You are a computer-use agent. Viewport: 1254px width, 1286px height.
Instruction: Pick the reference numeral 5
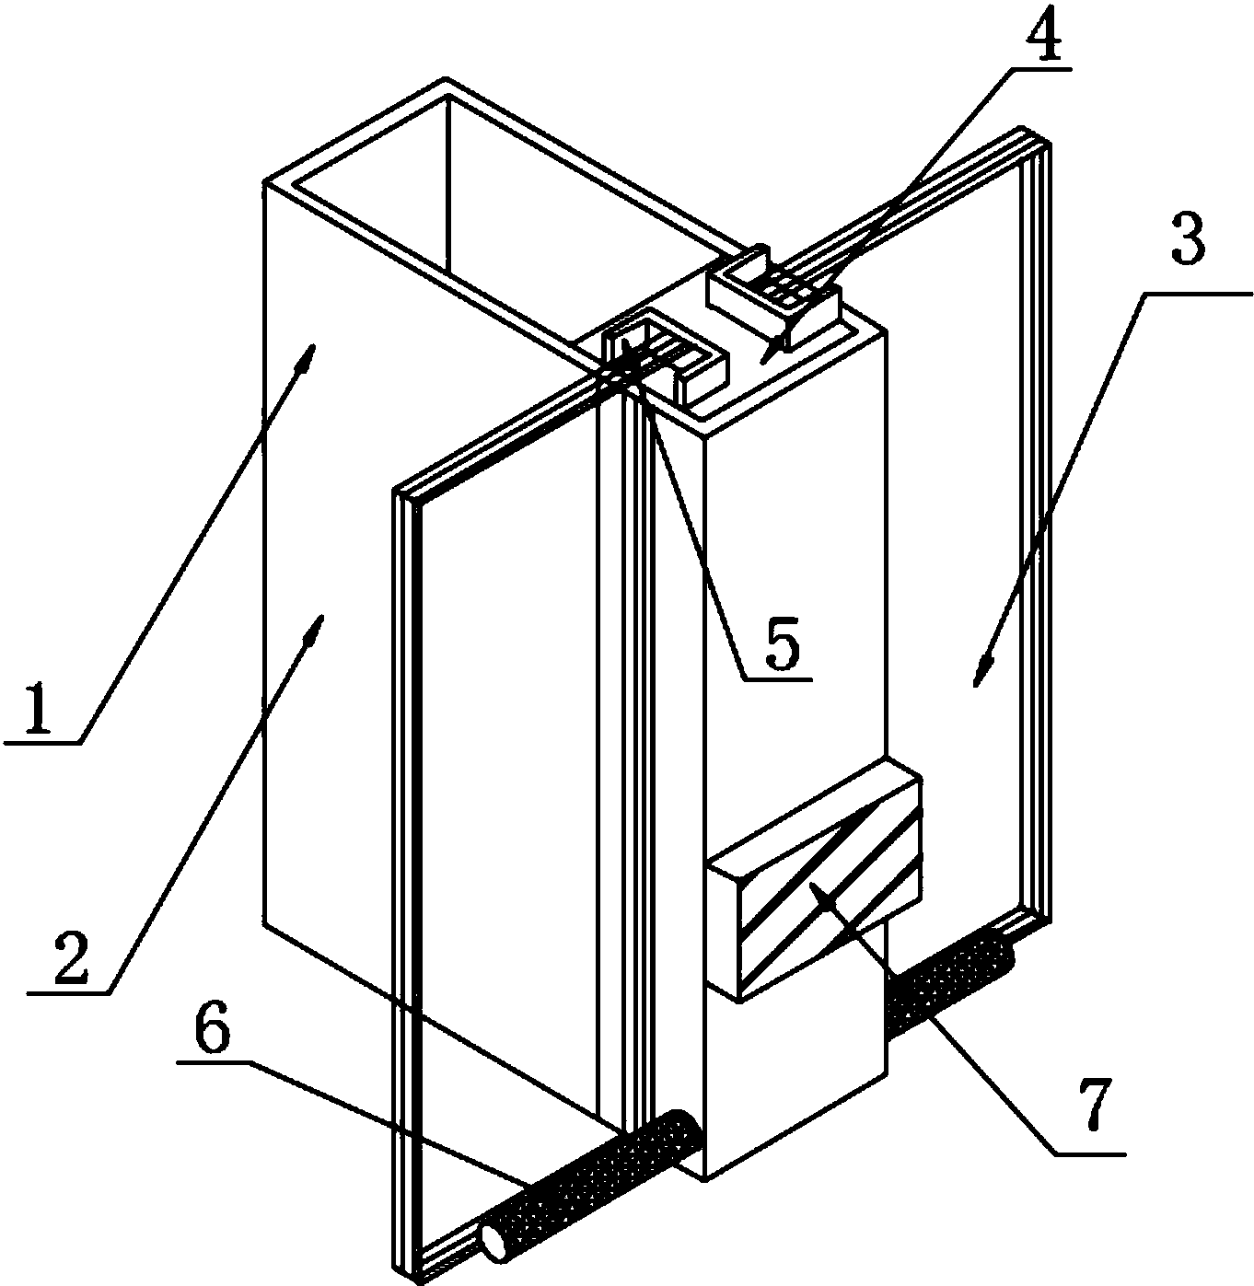click(782, 640)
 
